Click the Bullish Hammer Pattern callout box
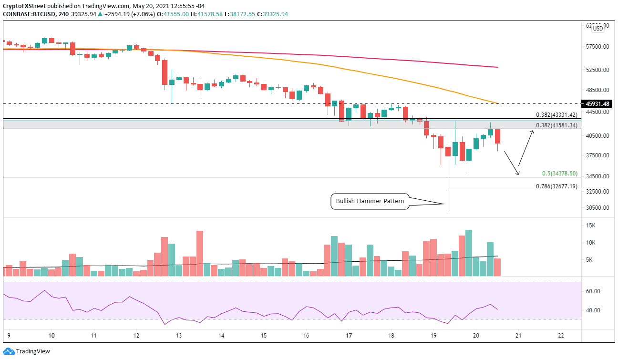[x=370, y=201]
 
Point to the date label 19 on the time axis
[x=433, y=336]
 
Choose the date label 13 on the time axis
[x=178, y=336]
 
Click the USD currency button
[x=598, y=29]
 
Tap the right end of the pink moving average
[x=497, y=67]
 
